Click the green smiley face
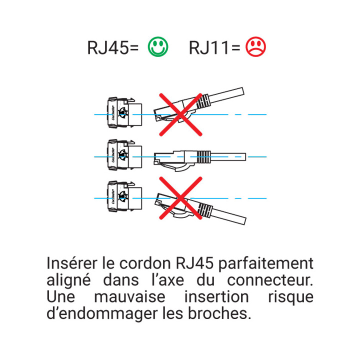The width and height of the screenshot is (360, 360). [158, 47]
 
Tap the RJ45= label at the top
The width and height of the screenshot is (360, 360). [113, 48]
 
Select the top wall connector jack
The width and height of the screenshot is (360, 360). [122, 114]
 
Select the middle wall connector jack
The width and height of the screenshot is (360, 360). [122, 156]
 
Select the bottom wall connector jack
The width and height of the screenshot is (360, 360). [122, 198]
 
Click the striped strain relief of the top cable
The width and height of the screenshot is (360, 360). [202, 103]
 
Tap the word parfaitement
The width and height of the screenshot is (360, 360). [266, 263]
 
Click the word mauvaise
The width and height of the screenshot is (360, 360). [129, 297]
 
